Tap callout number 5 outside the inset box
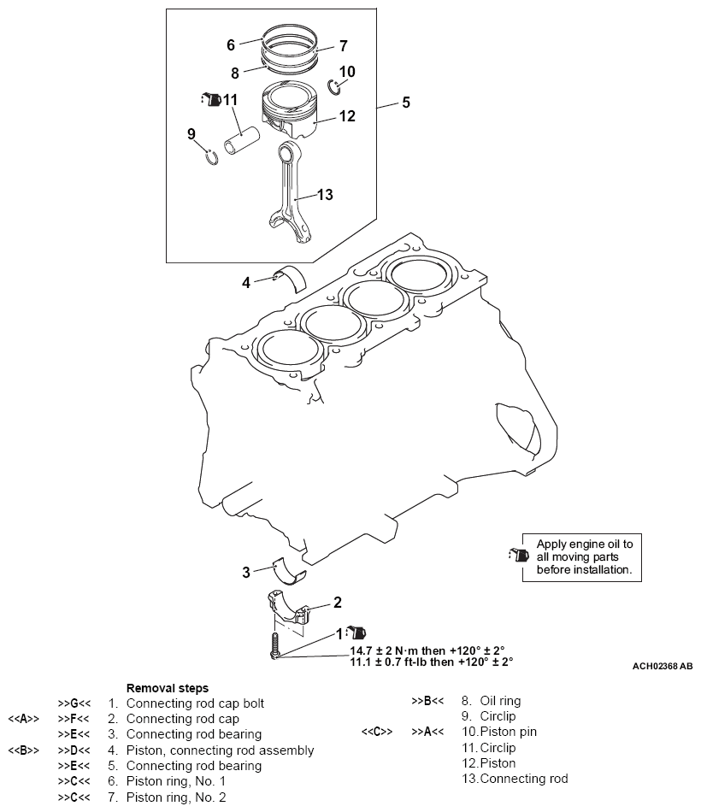(406, 103)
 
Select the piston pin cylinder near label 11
(242, 140)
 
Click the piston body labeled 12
(295, 115)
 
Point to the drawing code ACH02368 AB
(663, 665)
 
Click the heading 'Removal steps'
(168, 687)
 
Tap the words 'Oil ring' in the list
(491, 701)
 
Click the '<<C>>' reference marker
(377, 732)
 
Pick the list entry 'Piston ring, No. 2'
(176, 797)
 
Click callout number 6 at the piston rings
(231, 44)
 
